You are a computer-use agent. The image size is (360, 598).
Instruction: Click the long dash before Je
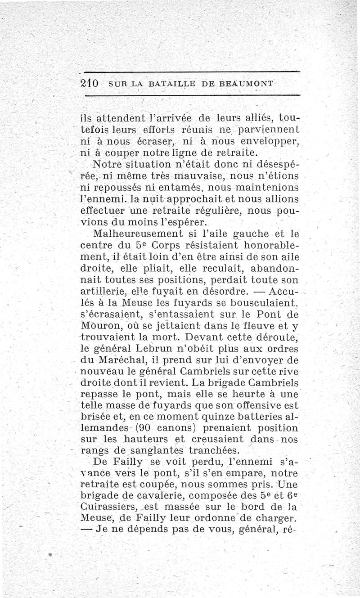point(87,530)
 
